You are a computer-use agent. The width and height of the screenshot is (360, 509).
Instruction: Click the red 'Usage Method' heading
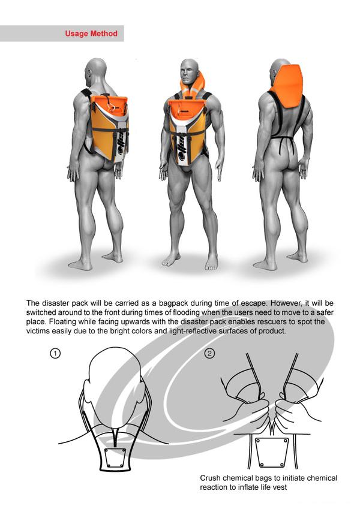(91, 34)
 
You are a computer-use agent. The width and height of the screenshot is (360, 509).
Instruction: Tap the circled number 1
(55, 353)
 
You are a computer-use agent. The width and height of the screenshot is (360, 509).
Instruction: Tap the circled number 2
(209, 353)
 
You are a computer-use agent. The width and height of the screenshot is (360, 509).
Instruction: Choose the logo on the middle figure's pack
(182, 149)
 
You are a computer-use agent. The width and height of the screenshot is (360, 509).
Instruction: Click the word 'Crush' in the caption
(210, 478)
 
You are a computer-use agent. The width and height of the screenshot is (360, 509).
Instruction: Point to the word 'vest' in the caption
(280, 487)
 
